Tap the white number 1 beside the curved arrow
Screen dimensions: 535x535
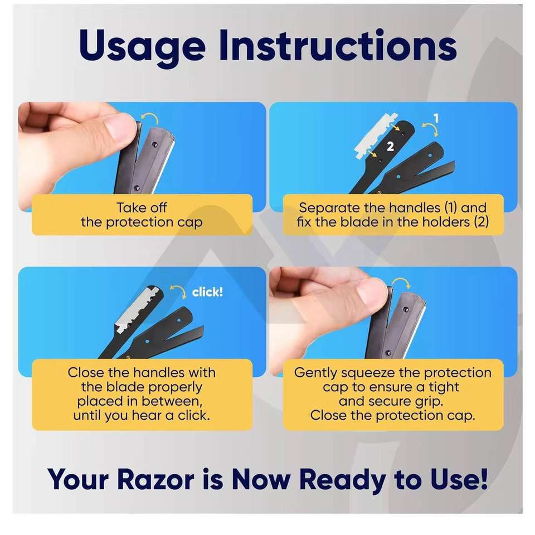[436, 119]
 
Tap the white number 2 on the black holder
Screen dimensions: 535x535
[390, 147]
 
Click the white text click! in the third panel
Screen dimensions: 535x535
[207, 292]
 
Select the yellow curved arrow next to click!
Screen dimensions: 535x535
[178, 291]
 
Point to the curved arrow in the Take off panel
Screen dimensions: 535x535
[150, 118]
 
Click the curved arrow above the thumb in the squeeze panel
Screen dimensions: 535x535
[401, 283]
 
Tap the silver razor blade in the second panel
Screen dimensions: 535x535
[373, 136]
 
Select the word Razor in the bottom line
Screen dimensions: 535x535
[155, 479]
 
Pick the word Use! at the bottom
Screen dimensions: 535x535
[459, 479]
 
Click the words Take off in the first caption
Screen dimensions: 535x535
[142, 207]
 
